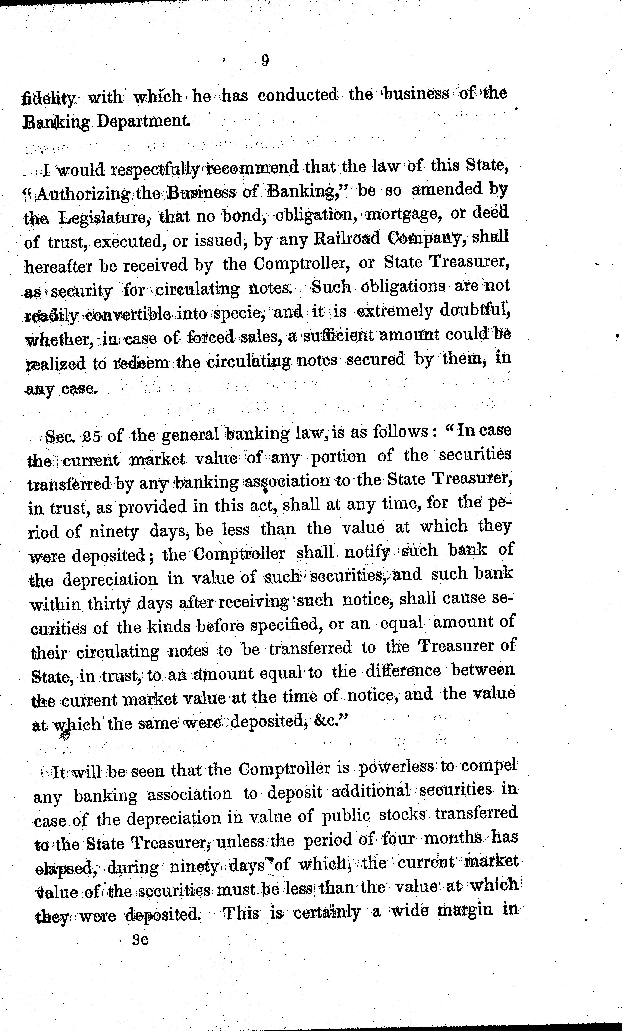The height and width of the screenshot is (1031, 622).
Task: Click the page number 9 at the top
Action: pyautogui.click(x=264, y=61)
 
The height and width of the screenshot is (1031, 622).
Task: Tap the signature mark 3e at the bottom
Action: pyautogui.click(x=140, y=940)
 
